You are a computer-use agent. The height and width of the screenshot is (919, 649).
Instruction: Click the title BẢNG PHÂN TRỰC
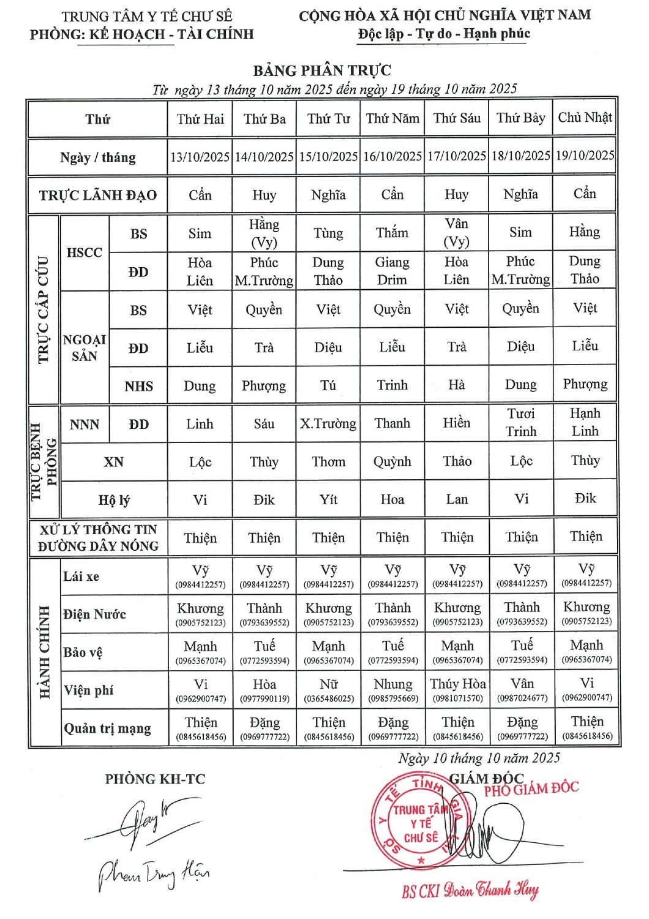[322, 70]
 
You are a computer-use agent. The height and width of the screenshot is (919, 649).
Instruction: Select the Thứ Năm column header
[392, 118]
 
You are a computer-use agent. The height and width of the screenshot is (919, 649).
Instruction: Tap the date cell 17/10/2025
[457, 156]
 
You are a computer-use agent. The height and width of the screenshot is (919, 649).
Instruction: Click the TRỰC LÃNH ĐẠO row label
[98, 195]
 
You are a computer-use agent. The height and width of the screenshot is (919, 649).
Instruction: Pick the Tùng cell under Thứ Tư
[328, 233]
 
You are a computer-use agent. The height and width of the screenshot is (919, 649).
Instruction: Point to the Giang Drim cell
[392, 271]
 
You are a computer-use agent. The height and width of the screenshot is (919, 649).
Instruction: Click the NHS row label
[138, 386]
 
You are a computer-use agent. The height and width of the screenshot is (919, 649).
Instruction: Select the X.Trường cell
[328, 424]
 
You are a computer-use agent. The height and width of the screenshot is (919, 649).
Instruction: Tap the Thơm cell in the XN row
[328, 462]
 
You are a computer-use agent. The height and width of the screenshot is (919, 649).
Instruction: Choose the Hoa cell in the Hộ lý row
[392, 499]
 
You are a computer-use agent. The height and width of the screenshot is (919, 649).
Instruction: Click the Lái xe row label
[81, 577]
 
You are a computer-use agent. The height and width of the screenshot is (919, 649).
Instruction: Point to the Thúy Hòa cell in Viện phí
[457, 690]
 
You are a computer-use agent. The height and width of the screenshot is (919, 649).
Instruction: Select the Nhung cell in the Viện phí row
[392, 690]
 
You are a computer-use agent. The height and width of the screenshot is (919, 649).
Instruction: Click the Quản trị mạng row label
[107, 728]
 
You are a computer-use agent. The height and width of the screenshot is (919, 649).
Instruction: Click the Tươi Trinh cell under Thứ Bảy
[521, 423]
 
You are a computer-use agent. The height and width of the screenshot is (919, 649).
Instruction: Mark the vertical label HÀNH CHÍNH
[45, 652]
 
